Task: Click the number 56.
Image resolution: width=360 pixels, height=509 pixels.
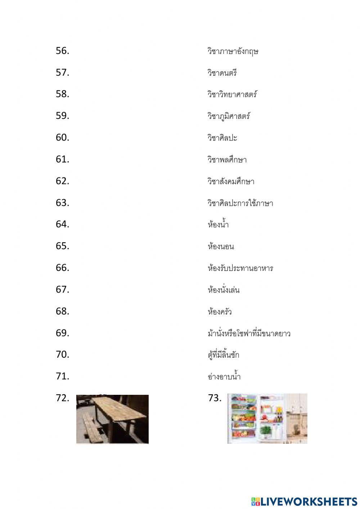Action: (62, 51)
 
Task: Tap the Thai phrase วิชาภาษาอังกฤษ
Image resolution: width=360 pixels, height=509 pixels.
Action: (233, 51)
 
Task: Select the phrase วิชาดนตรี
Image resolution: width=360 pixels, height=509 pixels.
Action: (222, 73)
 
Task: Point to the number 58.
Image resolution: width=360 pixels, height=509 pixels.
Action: (62, 94)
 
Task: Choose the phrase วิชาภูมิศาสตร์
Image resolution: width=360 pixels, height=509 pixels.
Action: (229, 116)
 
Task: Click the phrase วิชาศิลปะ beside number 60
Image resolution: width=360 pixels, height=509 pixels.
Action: (222, 138)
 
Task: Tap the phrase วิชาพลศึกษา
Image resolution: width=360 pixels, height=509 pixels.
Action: (227, 160)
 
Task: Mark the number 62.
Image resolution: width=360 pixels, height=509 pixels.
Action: (62, 181)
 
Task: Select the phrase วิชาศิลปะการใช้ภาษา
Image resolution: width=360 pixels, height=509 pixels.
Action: (240, 203)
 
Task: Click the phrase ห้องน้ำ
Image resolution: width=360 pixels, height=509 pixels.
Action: (218, 224)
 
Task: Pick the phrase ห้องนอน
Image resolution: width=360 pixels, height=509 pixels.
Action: (221, 246)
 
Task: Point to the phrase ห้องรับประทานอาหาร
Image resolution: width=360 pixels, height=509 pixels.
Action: (240, 268)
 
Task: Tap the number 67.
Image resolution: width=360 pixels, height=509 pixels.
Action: (62, 289)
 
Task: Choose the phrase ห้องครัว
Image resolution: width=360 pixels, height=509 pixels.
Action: (220, 311)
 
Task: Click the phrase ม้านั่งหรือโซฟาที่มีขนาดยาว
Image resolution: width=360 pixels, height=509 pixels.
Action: (249, 333)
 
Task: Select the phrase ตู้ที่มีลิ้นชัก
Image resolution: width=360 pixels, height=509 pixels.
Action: (223, 355)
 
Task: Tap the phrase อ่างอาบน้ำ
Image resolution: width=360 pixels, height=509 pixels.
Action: (224, 376)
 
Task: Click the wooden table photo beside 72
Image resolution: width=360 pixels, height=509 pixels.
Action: (112, 419)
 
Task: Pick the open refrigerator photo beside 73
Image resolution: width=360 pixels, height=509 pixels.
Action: (267, 418)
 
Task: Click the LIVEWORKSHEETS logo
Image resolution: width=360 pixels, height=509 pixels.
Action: (304, 501)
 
